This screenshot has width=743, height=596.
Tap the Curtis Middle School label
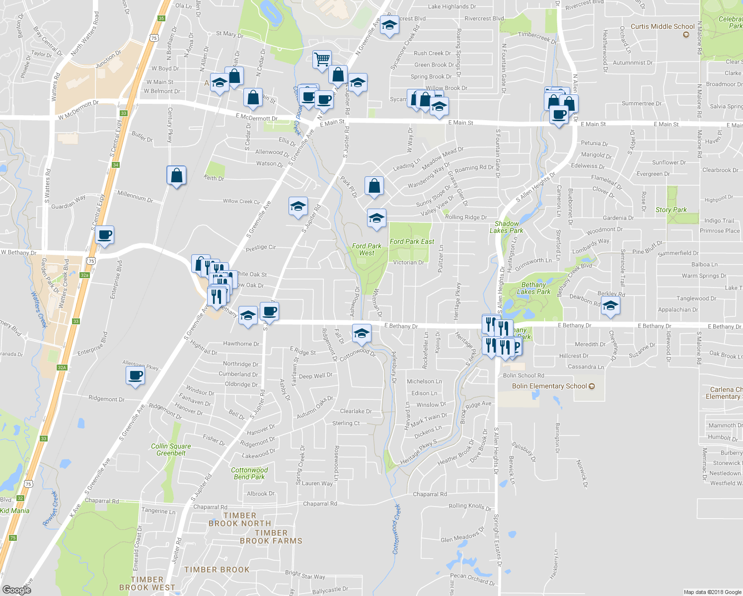pyautogui.click(x=663, y=26)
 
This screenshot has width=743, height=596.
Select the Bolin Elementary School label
pyautogui.click(x=549, y=386)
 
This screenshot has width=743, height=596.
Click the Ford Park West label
pyautogui.click(x=367, y=249)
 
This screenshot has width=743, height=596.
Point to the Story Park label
pyautogui.click(x=671, y=210)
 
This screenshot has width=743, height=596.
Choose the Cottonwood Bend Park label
pyautogui.click(x=249, y=473)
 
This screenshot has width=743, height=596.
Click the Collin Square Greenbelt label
pyautogui.click(x=171, y=449)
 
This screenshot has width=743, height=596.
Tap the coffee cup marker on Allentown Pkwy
pyautogui.click(x=135, y=375)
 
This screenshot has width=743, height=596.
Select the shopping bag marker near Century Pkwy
pyautogui.click(x=176, y=176)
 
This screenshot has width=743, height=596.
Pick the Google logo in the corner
pyautogui.click(x=17, y=590)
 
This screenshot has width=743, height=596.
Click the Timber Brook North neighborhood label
pyautogui.click(x=240, y=520)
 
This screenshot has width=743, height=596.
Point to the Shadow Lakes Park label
pyautogui.click(x=506, y=227)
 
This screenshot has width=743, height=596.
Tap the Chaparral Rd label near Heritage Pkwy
pyautogui.click(x=430, y=494)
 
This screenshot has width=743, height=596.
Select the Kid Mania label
pyautogui.click(x=15, y=511)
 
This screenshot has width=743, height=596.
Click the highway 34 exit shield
pyautogui.click(x=116, y=165)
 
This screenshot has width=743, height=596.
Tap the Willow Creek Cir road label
pyautogui.click(x=241, y=202)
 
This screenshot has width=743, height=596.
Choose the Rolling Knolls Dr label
pyautogui.click(x=470, y=507)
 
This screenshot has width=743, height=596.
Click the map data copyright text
pyautogui.click(x=712, y=592)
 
